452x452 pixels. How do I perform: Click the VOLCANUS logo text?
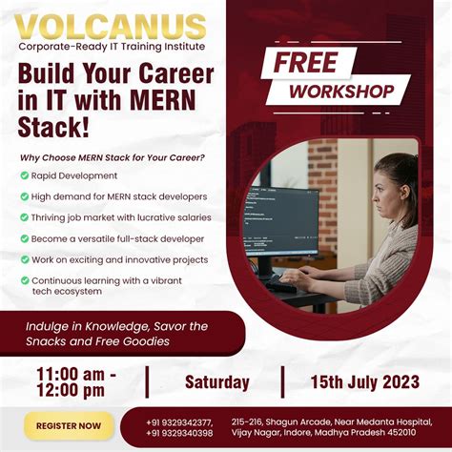coord(111,26)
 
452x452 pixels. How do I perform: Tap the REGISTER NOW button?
coord(69,425)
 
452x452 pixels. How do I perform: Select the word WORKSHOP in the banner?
coord(340,92)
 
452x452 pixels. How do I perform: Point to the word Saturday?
coord(216,382)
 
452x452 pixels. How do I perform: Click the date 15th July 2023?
coord(364,382)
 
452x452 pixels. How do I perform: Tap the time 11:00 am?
coord(75,373)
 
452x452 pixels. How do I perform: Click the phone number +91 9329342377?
coord(179,421)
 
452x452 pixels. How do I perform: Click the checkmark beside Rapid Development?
coord(23,176)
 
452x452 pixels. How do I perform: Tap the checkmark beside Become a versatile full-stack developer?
coord(23,238)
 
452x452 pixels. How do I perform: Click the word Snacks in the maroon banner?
coord(52,341)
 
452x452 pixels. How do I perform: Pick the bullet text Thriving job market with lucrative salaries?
coord(121,217)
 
